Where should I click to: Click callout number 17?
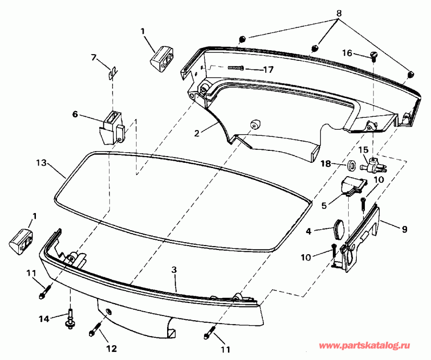[268, 70]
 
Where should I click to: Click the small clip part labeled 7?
[113, 73]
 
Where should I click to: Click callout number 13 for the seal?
[42, 163]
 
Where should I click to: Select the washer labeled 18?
[352, 166]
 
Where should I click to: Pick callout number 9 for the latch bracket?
[405, 230]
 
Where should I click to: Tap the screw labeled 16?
[374, 56]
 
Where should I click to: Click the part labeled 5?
[353, 185]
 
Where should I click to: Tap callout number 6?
[75, 114]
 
